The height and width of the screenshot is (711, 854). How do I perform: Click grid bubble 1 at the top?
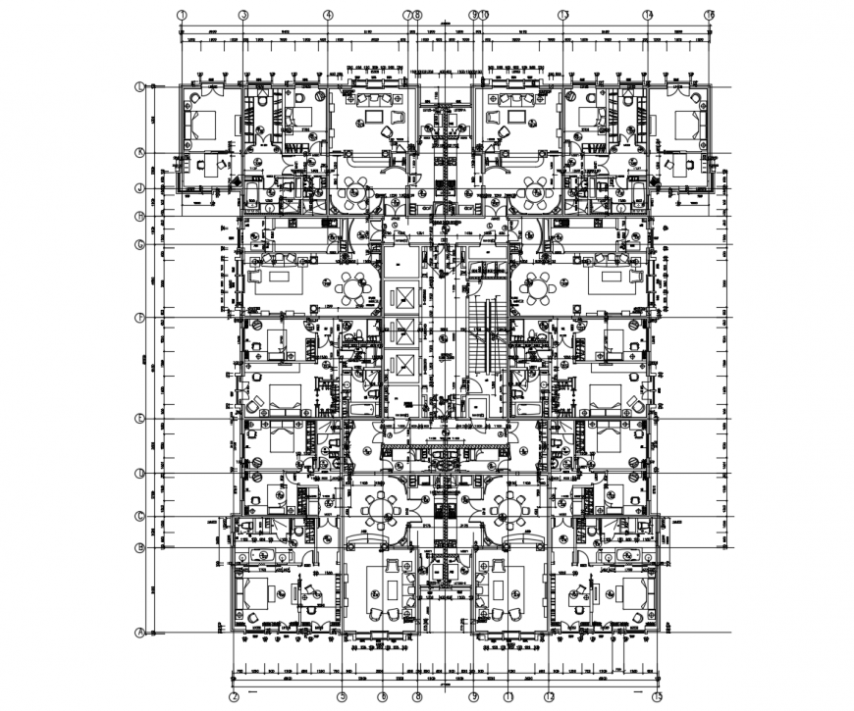183,15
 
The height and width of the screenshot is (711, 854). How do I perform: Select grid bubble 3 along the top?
242,15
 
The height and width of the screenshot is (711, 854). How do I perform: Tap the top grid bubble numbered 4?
328,15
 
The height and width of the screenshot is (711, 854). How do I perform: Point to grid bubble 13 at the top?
563,15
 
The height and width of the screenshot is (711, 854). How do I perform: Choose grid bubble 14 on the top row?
648,15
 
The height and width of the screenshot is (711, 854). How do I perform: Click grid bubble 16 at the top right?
709,15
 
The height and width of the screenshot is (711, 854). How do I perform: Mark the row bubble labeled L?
140,87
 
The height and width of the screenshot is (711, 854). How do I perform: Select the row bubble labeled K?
140,153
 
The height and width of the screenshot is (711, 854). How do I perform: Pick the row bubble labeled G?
140,244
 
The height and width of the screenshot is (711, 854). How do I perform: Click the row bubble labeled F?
140,318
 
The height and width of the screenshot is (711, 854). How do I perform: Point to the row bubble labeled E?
140,419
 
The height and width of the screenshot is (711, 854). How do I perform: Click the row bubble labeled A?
140,633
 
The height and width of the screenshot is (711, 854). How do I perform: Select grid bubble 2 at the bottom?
234,696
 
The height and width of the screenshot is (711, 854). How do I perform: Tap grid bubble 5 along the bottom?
343,696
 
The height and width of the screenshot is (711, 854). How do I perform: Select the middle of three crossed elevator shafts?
401,331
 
